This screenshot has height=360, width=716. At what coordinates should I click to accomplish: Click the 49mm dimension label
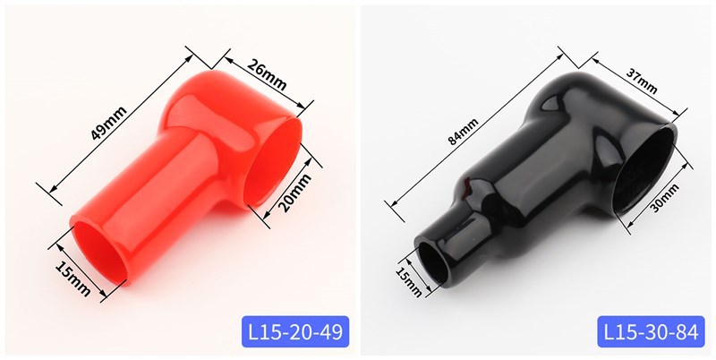click(x=108, y=123)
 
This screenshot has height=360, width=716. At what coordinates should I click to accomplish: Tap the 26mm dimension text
click(x=267, y=75)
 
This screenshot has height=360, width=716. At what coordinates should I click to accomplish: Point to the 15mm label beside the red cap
click(x=73, y=279)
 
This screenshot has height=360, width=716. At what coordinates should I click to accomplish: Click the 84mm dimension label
click(x=463, y=131)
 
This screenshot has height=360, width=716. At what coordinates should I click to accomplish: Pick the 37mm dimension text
click(x=642, y=82)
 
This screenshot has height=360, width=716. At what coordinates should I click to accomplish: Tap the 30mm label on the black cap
click(x=665, y=198)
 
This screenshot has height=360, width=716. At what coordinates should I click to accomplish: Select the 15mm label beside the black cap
click(x=408, y=281)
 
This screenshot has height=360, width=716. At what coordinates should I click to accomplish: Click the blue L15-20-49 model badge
click(x=295, y=331)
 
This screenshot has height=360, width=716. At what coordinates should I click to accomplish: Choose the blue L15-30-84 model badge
click(x=651, y=331)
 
